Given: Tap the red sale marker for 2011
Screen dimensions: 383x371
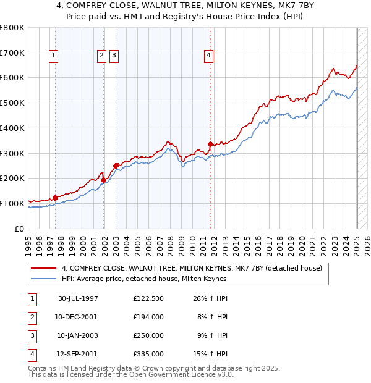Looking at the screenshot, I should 210,145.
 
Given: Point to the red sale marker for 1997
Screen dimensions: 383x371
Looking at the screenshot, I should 55,198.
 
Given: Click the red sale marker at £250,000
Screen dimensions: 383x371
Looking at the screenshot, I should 116,166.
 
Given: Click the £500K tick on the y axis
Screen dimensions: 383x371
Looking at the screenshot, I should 12,103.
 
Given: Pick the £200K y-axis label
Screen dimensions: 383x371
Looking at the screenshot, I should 12,179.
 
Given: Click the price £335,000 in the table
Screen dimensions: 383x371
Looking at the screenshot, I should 148,354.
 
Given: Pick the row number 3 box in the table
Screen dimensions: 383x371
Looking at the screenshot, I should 32,335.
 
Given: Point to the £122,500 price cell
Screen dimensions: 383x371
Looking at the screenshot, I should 148,298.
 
